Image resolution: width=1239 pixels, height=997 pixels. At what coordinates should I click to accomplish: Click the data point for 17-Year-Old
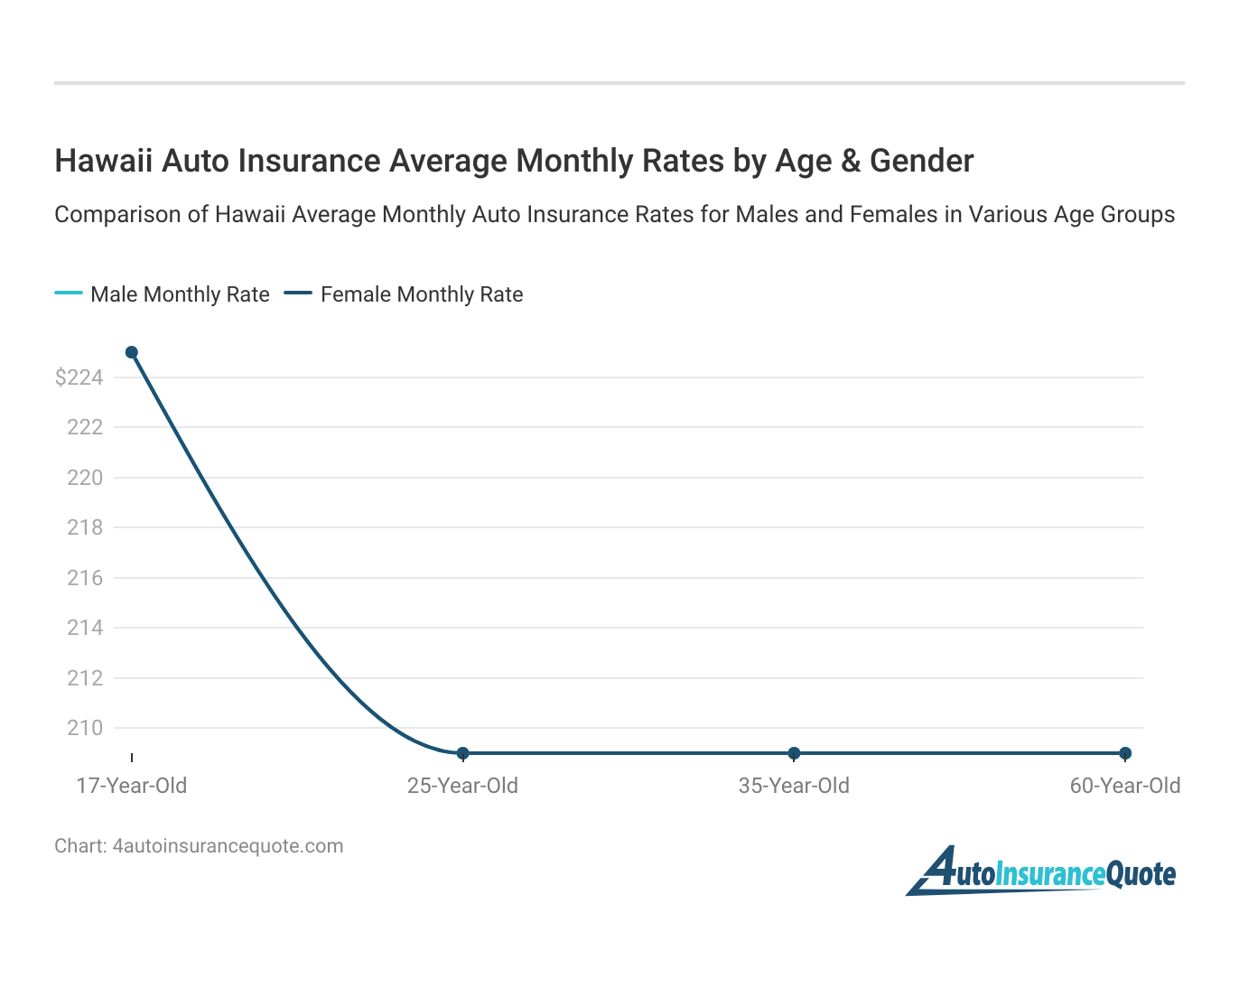coord(132,352)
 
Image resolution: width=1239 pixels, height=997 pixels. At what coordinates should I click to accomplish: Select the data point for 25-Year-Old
coord(462,753)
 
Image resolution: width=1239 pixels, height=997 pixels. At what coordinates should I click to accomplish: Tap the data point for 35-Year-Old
coord(794,753)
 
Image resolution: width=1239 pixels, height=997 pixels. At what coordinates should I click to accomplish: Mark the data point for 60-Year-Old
coord(1125,753)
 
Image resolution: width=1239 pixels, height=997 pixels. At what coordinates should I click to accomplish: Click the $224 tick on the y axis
coord(79,377)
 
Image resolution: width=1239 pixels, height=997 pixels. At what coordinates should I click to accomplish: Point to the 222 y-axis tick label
coord(85,427)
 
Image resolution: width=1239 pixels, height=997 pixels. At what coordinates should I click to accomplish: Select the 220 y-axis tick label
coord(85,478)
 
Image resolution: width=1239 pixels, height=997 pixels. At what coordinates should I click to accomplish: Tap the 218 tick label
coord(85,527)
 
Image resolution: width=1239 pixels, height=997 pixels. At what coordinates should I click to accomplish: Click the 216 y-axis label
coord(85,578)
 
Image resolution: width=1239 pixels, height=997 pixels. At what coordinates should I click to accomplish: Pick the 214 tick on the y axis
coord(85,628)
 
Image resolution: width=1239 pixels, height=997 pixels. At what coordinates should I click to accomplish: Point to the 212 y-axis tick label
coord(85,678)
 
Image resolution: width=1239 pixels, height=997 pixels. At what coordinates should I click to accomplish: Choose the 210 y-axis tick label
coord(85,728)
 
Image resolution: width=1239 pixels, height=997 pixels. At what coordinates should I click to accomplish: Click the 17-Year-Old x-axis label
coord(132,786)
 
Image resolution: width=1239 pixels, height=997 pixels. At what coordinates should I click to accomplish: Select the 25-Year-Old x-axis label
coord(462,786)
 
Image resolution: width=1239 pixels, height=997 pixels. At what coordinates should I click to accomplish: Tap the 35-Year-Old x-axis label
coord(794,786)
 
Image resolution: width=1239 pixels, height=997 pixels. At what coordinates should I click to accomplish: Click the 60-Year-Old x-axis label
coord(1125,786)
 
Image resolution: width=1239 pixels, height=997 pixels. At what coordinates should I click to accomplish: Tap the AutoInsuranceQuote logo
coord(1041,871)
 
